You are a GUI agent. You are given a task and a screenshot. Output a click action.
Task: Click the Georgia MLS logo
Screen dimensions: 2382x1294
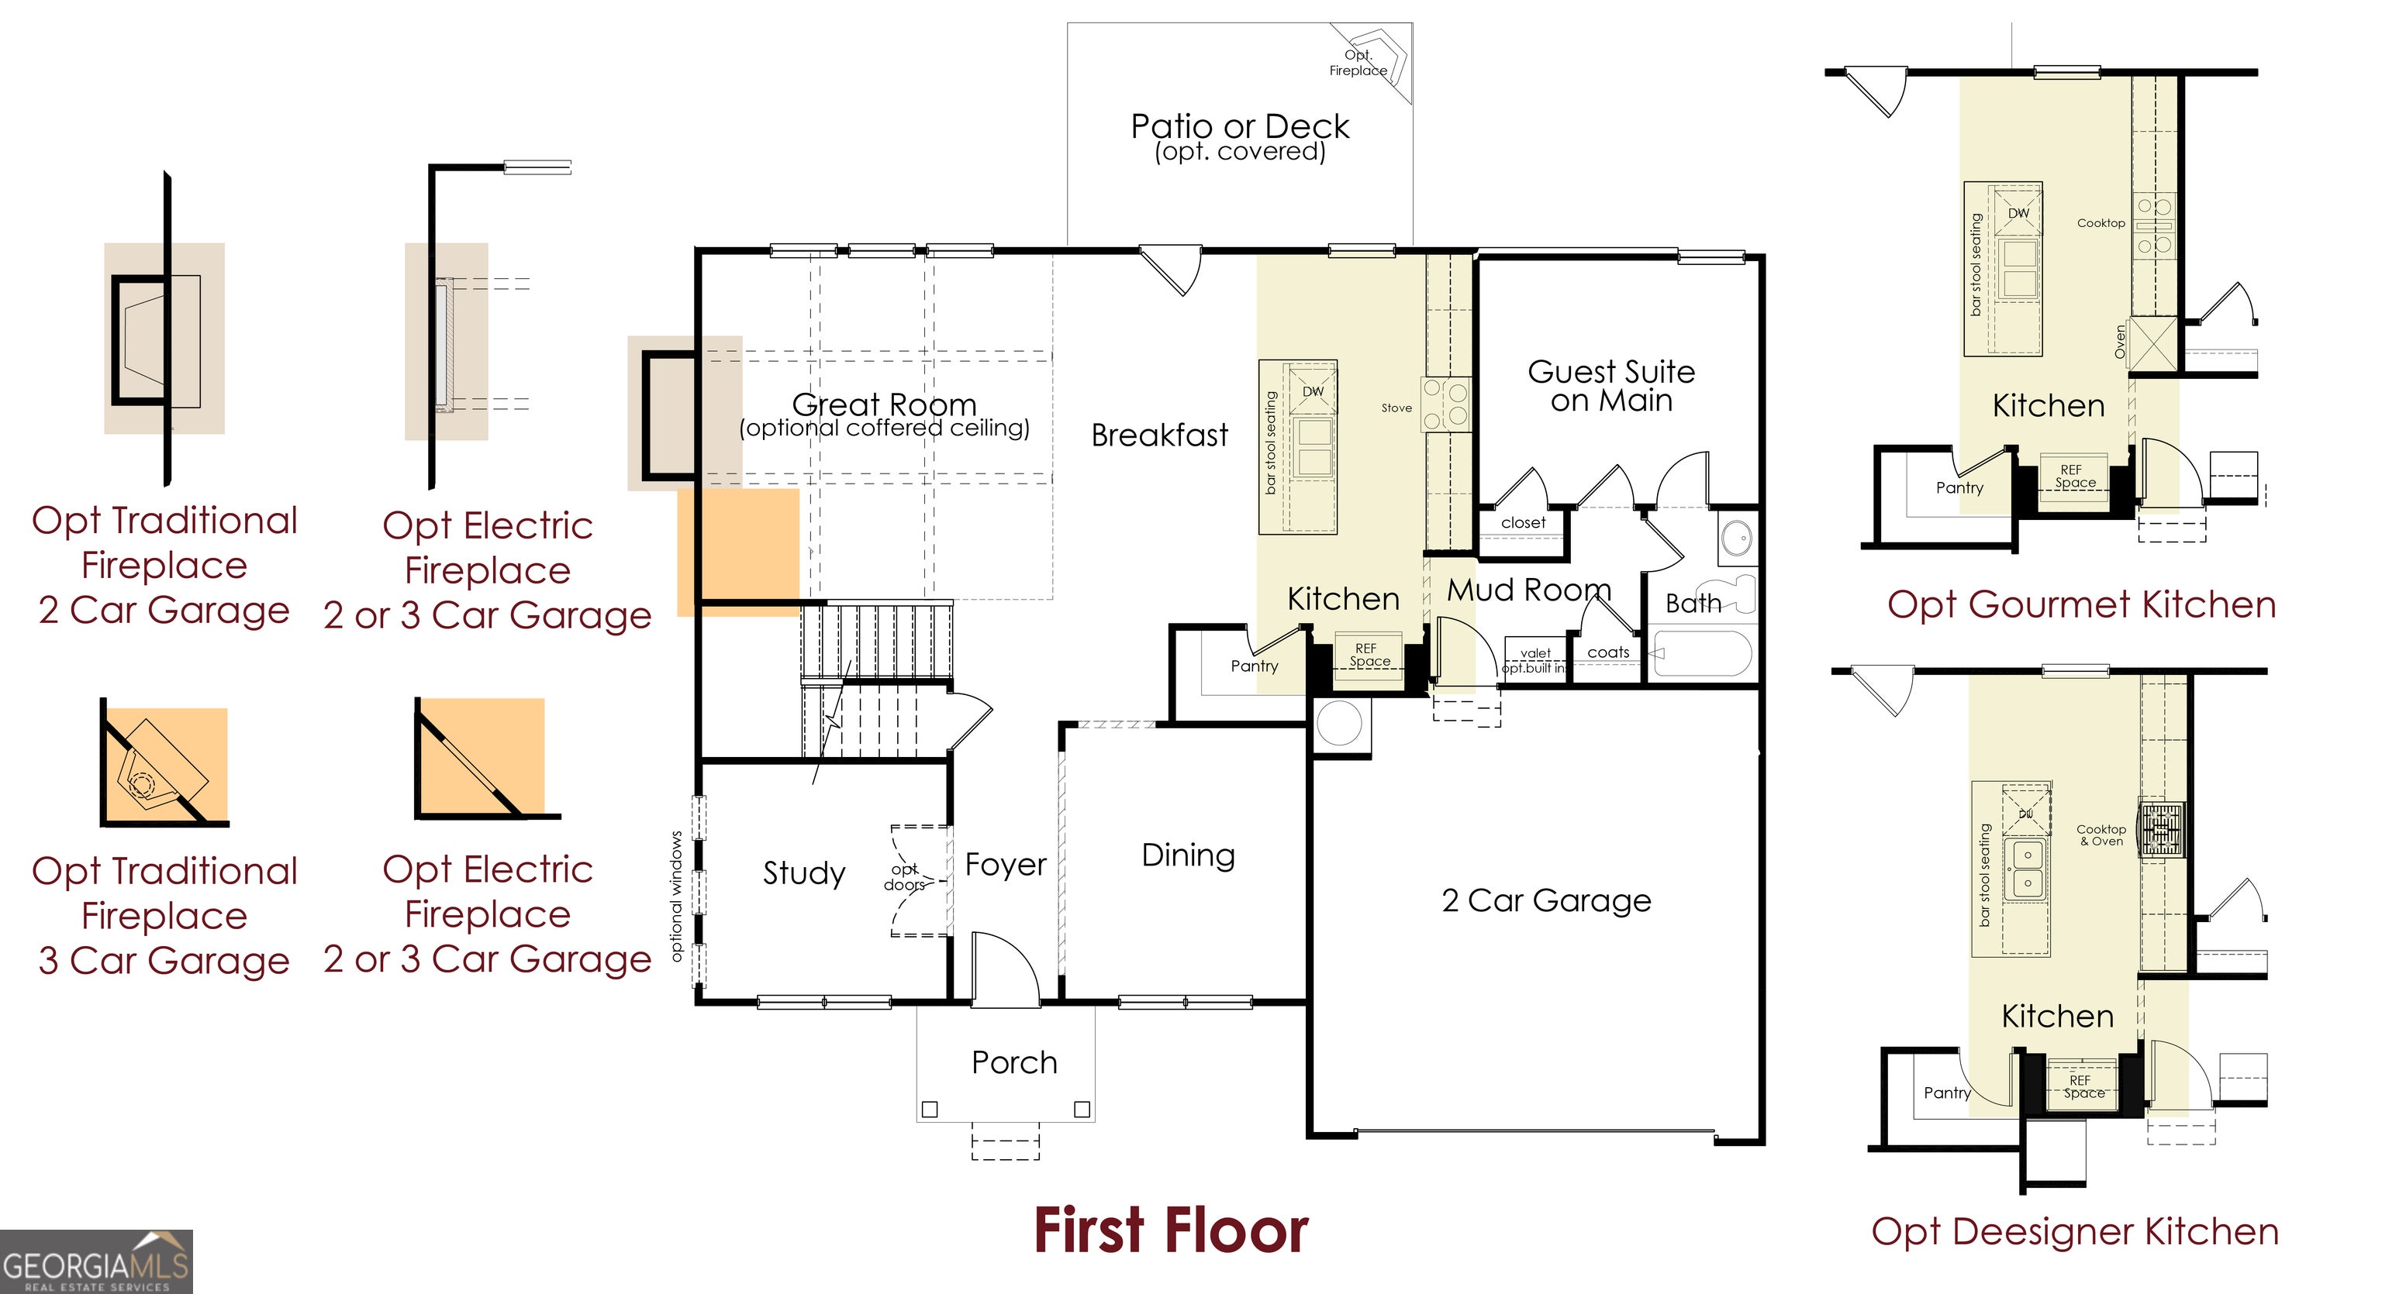coord(96,1261)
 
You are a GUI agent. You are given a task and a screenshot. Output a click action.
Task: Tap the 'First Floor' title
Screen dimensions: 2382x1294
coord(1171,1231)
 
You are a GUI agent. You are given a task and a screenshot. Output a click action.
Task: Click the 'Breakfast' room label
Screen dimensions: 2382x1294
coord(1159,435)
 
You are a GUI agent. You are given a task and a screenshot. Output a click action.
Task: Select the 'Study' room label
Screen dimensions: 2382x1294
coord(803,872)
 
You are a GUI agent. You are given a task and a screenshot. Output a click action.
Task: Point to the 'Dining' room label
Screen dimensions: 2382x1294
coord(1188,855)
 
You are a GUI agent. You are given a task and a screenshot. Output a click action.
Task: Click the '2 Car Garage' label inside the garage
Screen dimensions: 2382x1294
coord(1546,900)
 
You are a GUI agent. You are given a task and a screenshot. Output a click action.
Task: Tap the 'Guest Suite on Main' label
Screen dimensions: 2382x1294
coord(1610,385)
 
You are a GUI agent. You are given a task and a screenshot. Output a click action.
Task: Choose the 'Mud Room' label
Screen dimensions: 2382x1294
coord(1528,590)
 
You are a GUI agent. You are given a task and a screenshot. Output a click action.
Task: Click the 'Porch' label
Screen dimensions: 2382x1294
coord(1014,1063)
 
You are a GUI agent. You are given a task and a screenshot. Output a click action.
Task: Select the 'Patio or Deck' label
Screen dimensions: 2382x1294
coord(1240,126)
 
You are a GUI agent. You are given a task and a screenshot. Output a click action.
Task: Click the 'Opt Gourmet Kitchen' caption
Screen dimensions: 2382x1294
coord(2081,605)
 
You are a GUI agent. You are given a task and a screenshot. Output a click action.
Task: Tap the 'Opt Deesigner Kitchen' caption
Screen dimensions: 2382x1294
coord(2075,1232)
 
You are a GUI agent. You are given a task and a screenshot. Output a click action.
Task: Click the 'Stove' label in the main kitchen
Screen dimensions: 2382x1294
coord(1396,408)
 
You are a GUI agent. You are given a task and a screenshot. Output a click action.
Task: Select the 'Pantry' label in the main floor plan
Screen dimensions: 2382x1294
coord(1254,666)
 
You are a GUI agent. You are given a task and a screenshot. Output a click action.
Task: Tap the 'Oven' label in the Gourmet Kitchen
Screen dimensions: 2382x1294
coord(2119,342)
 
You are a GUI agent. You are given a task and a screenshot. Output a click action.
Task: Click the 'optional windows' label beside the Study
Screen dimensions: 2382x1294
coord(676,897)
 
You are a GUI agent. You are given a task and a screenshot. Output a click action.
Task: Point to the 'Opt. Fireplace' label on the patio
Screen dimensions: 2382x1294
coord(1358,63)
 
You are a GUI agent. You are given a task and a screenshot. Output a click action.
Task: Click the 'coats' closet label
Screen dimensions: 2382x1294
coord(1608,652)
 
